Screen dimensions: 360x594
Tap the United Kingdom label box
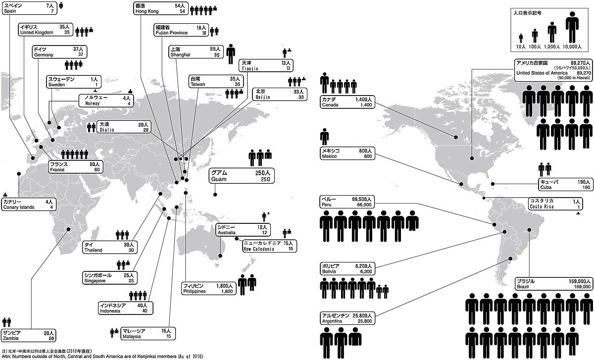(44, 29)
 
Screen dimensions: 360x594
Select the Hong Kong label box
(161, 8)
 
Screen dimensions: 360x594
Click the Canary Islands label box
(28, 204)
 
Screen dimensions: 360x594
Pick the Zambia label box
(28, 336)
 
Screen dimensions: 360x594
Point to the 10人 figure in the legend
(521, 38)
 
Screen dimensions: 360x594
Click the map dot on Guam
(215, 194)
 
